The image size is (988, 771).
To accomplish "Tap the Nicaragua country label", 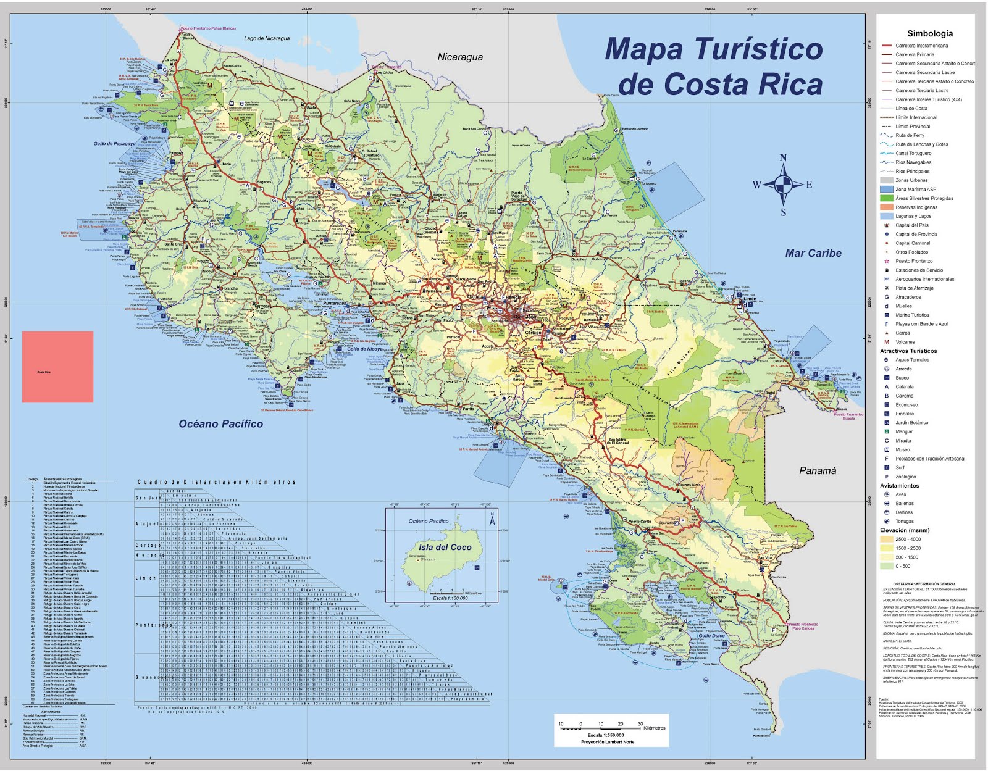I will tap(460, 57).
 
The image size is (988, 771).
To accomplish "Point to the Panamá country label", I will tap(818, 470).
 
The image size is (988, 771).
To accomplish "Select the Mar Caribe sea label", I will tap(813, 253).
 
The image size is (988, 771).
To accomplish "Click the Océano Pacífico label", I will tap(220, 423).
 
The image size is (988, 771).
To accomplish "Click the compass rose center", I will tap(783, 184).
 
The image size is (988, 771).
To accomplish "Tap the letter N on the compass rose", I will tap(783, 158).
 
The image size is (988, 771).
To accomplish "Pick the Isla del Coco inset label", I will tap(445, 547).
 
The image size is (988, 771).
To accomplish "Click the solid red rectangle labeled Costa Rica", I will tap(57, 367).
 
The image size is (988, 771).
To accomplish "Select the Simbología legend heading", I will tap(929, 33).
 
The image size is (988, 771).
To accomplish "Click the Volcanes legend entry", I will tap(905, 342).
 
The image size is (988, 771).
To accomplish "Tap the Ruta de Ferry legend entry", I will tap(910, 135).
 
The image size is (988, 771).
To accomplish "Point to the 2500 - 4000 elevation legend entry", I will tap(908, 539).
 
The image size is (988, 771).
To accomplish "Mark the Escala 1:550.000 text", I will tap(605, 735).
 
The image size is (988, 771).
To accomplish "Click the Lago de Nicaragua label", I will tap(267, 38).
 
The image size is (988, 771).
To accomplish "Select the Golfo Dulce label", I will tap(711, 635).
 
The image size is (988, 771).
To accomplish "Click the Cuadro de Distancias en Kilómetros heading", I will tap(216, 481).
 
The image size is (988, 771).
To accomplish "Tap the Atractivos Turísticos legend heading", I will tap(908, 351).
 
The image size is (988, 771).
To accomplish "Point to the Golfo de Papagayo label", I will tap(114, 143).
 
